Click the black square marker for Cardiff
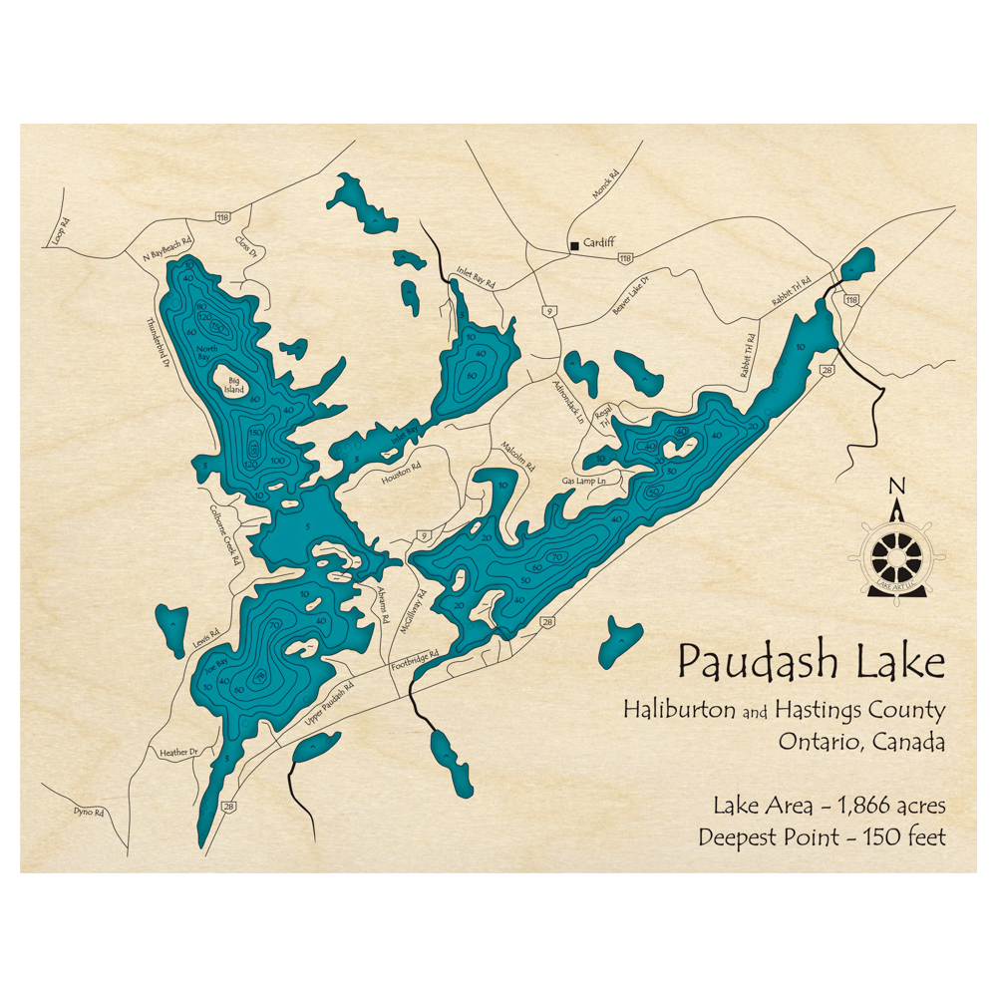click(573, 245)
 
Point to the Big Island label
click(235, 384)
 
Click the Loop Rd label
click(62, 232)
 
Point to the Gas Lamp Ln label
click(583, 481)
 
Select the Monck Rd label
click(604, 183)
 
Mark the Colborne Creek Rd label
click(225, 532)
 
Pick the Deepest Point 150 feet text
click(822, 837)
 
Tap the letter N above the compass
click(897, 486)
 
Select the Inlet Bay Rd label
click(476, 276)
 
